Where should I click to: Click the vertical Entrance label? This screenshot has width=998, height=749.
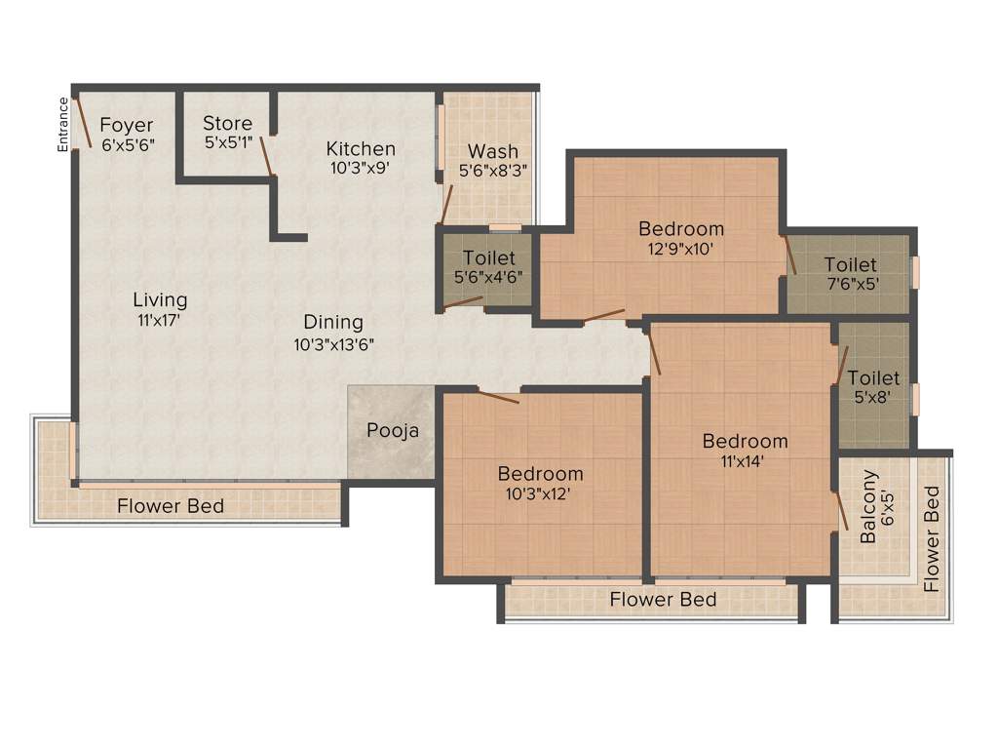(x=63, y=124)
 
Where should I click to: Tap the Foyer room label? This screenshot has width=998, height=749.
(x=127, y=125)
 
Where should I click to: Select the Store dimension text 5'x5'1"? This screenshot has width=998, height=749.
(x=227, y=142)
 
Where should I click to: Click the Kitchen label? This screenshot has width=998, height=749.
(x=361, y=148)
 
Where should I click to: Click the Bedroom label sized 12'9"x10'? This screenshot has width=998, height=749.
(x=681, y=228)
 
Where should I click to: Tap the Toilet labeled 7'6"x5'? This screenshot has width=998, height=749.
(x=850, y=264)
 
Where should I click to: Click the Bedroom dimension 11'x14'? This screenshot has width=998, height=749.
(x=745, y=460)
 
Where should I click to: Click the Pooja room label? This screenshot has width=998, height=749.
(x=393, y=430)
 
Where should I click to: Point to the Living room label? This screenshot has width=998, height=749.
(x=160, y=299)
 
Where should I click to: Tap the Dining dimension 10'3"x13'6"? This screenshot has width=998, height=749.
(x=333, y=343)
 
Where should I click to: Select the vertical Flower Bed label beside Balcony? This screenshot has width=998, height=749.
(x=932, y=539)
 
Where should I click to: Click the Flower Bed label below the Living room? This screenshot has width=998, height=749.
(x=171, y=506)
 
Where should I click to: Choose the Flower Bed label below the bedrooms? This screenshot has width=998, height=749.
(x=663, y=599)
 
